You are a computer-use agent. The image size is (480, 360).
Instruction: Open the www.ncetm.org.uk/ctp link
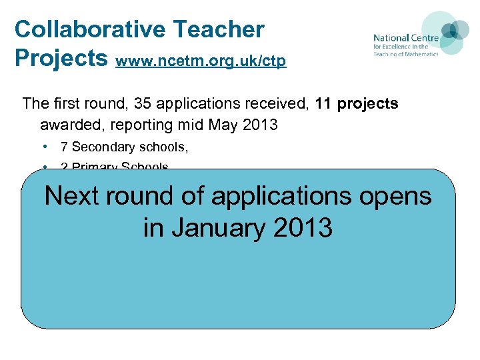pos(201,61)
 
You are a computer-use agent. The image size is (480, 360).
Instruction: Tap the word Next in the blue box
pos(74,196)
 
